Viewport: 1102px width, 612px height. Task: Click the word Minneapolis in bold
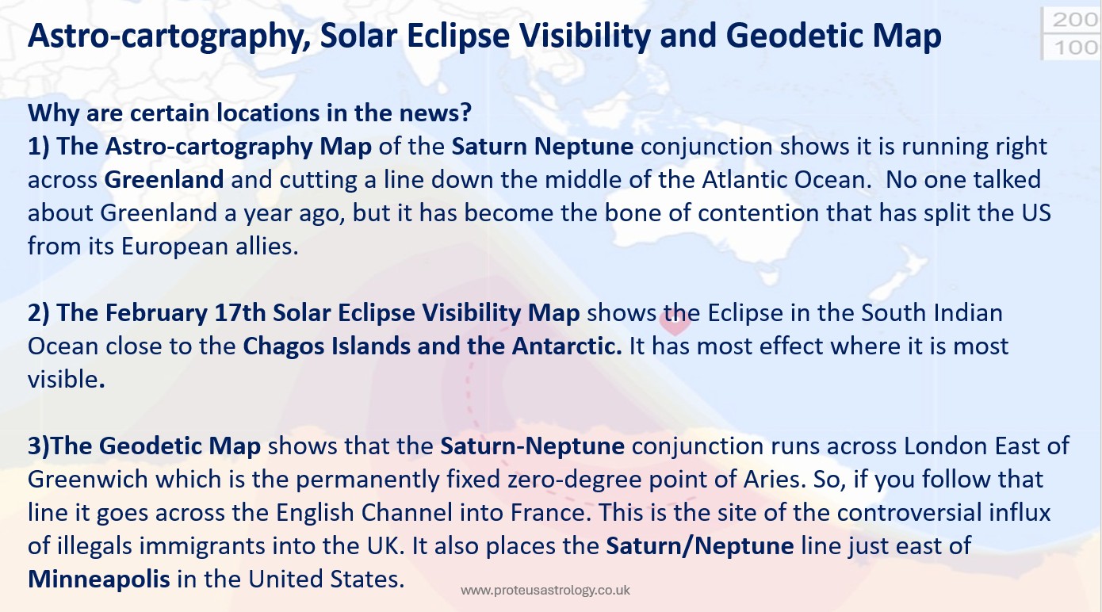tap(99, 579)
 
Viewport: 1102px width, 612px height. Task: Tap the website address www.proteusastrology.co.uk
tap(545, 591)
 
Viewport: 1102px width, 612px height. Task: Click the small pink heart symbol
tap(675, 323)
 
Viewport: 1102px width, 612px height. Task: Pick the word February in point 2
tap(121, 313)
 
